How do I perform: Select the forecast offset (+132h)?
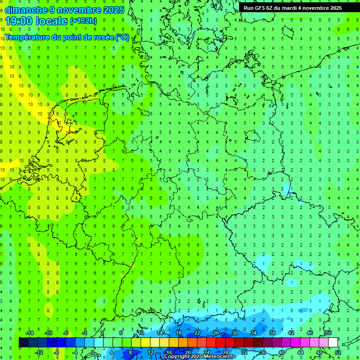(x=83, y=21)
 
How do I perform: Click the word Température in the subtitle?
(x=28, y=37)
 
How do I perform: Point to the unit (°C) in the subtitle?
(x=122, y=37)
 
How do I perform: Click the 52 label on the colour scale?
(x=338, y=352)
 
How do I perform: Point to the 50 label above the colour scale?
(x=328, y=333)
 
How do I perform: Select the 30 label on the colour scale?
(x=234, y=333)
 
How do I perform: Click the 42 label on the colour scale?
(x=291, y=333)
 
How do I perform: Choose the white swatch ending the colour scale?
(x=333, y=343)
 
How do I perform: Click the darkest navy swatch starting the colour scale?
(x=23, y=343)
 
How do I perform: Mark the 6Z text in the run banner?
(x=270, y=8)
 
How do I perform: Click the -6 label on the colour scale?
(x=66, y=333)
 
